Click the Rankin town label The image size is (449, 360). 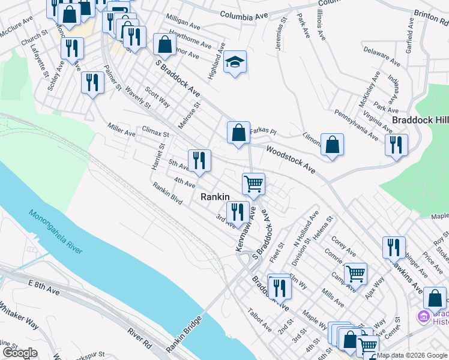pyautogui.click(x=212, y=196)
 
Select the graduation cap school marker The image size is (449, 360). pyautogui.click(x=235, y=62)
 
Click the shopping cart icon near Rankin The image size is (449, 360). pyautogui.click(x=253, y=183)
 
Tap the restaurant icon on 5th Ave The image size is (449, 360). pyautogui.click(x=199, y=160)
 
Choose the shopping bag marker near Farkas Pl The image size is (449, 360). pyautogui.click(x=238, y=132)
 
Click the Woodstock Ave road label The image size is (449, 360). pyautogui.click(x=290, y=160)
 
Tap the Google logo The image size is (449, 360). pyautogui.click(x=19, y=353)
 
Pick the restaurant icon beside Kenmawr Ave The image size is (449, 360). pyautogui.click(x=237, y=211)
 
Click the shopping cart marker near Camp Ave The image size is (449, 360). pyautogui.click(x=355, y=273)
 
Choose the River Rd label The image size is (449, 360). pyautogui.click(x=139, y=338)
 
